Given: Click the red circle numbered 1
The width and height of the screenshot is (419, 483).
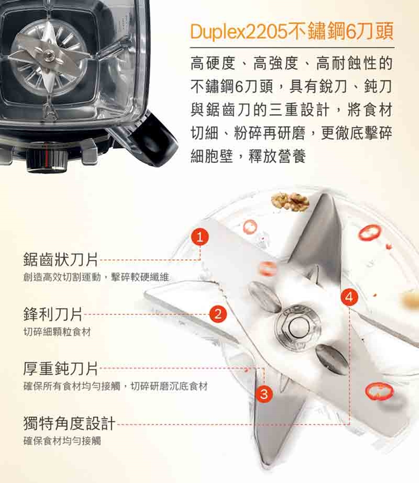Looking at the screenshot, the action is [x=200, y=237].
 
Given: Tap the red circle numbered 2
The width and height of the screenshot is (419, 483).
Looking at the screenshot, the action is [x=218, y=314].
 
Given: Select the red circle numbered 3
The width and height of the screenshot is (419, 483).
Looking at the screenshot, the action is [x=264, y=394].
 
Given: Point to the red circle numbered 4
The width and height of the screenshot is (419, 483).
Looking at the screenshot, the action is [x=349, y=297].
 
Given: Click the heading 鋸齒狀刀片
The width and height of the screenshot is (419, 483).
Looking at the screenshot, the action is [x=61, y=259].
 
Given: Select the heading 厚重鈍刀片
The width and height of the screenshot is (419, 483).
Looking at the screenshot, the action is [x=61, y=369].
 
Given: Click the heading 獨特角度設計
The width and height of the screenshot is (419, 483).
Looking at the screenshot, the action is [x=70, y=423].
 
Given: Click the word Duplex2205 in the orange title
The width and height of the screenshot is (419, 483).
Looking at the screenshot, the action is [x=239, y=31].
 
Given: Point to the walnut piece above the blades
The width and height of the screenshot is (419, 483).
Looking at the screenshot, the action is [x=290, y=202].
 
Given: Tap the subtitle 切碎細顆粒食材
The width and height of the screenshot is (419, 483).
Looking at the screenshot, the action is [x=57, y=332].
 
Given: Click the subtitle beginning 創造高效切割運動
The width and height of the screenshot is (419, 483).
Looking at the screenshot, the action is [x=96, y=277].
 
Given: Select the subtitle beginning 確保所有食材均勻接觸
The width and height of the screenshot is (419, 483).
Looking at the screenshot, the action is [x=116, y=386].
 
